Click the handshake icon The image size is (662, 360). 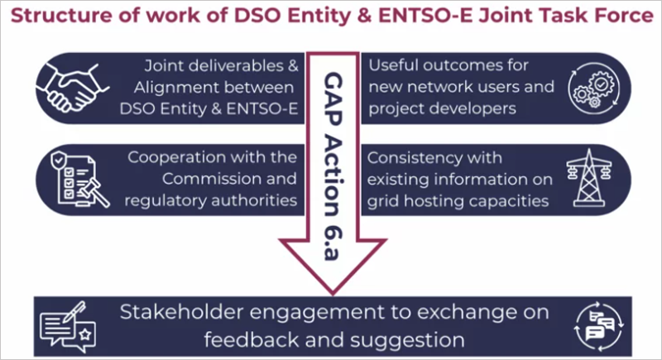coord(74,85)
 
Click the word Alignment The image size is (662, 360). coord(184,87)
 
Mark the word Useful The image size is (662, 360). coord(391,65)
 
